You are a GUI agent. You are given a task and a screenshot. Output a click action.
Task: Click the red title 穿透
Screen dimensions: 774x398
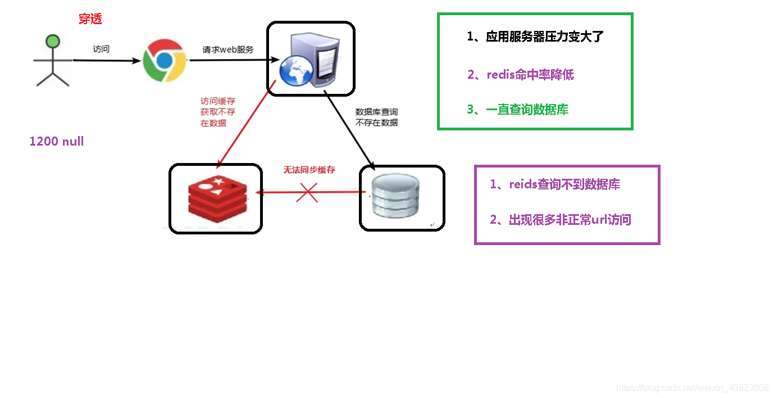tap(90, 19)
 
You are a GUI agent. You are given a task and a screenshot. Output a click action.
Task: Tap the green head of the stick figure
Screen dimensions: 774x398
tap(53, 41)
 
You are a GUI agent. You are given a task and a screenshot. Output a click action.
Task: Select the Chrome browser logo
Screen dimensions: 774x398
tap(165, 61)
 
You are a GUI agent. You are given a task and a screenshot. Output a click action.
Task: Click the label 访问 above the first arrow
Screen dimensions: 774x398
tap(101, 49)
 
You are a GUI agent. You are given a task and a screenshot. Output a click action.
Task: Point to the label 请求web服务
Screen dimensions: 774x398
tap(228, 50)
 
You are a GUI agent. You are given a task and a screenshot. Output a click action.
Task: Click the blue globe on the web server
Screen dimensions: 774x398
tap(296, 71)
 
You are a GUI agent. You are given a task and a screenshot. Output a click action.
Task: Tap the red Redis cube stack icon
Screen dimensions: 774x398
tap(218, 198)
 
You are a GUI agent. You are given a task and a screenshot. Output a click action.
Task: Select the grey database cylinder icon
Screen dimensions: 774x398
tap(395, 196)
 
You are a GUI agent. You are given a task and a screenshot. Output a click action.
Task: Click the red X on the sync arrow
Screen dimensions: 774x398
tap(307, 192)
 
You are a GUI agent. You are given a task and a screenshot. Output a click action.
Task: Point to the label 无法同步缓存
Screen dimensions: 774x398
tap(309, 170)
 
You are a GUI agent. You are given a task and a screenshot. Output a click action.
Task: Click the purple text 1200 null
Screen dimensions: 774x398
tap(57, 141)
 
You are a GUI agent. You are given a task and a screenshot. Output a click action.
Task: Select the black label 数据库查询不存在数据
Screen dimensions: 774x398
tap(377, 117)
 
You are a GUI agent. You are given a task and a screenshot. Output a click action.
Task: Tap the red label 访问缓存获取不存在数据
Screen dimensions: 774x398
tap(218, 112)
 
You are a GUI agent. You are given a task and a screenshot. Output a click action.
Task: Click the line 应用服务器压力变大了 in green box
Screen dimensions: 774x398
tap(535, 37)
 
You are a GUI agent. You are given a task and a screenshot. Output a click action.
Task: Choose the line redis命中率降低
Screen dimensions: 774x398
tap(521, 74)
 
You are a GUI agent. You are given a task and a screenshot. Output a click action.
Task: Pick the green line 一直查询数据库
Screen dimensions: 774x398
tap(518, 110)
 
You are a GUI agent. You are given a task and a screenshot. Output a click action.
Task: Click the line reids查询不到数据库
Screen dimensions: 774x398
tap(555, 184)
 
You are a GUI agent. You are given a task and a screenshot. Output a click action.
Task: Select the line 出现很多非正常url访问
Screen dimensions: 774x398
tap(561, 220)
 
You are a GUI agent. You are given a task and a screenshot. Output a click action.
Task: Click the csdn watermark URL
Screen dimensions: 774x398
tap(692, 388)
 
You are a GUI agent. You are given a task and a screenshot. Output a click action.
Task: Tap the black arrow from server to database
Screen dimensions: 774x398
tap(349, 130)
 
